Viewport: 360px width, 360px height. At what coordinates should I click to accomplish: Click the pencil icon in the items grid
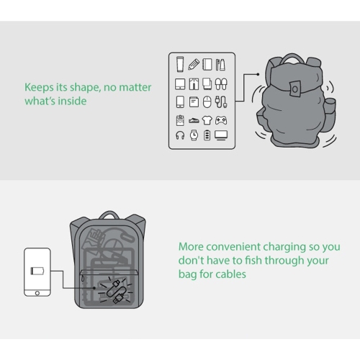194,64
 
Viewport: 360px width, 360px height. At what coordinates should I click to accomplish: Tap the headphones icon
180,135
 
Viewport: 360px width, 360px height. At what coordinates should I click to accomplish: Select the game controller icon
221,120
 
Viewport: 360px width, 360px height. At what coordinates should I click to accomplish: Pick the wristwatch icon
194,135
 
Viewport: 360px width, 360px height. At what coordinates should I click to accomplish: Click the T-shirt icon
207,120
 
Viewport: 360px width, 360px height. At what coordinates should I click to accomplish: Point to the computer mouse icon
207,102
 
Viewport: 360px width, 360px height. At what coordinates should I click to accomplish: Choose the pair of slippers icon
221,84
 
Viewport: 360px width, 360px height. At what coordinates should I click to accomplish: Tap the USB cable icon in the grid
221,102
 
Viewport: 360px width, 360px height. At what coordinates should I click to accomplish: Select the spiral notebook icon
207,64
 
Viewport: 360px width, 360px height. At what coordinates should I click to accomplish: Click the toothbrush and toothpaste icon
220,65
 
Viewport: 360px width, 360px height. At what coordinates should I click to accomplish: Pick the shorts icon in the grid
194,84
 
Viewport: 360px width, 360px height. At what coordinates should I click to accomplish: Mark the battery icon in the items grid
207,135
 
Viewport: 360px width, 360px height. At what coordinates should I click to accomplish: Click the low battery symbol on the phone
37,271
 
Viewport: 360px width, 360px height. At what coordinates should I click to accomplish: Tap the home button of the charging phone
37,293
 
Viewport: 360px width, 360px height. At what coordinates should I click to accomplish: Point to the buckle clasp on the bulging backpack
295,89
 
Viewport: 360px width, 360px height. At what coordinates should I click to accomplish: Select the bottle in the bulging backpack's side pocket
330,102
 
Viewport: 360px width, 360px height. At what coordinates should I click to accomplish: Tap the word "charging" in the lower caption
284,247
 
